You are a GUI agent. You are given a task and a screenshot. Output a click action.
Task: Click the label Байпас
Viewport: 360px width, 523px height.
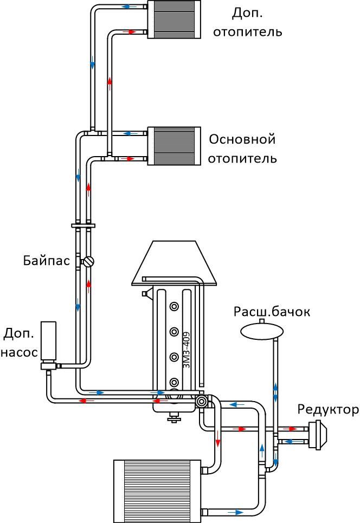click(x=47, y=260)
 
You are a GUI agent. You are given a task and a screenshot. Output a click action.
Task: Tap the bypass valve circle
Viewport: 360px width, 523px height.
click(x=89, y=261)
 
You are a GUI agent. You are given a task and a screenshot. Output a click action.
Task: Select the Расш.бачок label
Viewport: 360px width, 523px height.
click(x=272, y=312)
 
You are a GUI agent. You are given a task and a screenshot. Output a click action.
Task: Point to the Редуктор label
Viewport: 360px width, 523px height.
click(x=329, y=409)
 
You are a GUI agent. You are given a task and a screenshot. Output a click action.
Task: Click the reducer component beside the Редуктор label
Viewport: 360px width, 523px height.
click(x=318, y=435)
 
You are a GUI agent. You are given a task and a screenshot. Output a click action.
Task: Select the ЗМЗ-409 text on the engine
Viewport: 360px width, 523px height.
click(x=187, y=350)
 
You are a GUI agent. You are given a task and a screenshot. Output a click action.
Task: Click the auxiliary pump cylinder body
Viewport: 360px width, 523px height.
click(x=48, y=341)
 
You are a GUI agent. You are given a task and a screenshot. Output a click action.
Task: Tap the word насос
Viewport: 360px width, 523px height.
click(x=20, y=353)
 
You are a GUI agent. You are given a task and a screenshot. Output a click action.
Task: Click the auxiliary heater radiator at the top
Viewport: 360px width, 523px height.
click(x=174, y=20)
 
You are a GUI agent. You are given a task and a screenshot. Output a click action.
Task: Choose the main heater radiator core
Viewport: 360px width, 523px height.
click(x=174, y=146)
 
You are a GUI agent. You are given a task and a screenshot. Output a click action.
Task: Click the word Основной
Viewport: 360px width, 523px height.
click(x=242, y=139)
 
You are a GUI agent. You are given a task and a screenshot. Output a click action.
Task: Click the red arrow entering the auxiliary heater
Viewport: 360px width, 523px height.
click(x=129, y=32)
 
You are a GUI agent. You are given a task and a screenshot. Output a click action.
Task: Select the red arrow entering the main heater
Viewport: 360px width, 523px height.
click(x=127, y=159)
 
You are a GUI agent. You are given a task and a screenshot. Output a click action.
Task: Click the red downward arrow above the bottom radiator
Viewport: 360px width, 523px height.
click(x=218, y=439)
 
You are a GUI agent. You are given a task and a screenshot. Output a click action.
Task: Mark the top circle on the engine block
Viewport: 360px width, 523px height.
click(x=174, y=306)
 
